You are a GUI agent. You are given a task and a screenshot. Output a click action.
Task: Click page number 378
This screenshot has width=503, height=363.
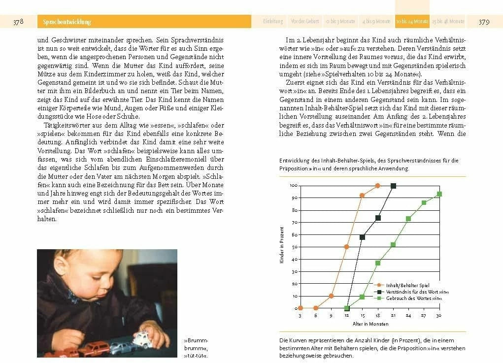click(18, 22)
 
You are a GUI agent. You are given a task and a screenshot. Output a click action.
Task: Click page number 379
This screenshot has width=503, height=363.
click(484, 22)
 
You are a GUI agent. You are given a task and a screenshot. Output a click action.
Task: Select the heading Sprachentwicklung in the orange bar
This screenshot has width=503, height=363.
click(67, 22)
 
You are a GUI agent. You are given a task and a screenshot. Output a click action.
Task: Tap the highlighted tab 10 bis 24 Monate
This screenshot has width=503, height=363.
click(412, 22)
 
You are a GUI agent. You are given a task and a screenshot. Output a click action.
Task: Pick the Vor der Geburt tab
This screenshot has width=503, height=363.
click(305, 22)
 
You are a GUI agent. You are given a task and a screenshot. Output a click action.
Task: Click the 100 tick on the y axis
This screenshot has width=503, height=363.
click(293, 186)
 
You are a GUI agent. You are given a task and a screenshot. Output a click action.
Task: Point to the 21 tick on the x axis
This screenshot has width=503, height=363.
click(393, 315)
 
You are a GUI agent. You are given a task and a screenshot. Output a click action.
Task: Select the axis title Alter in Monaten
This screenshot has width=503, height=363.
click(370, 324)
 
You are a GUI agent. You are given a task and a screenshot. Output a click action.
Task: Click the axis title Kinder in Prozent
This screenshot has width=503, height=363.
click(282, 245)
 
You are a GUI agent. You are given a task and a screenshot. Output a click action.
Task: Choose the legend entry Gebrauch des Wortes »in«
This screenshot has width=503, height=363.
click(413, 298)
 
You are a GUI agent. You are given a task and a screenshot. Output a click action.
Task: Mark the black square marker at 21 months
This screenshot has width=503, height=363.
click(393, 186)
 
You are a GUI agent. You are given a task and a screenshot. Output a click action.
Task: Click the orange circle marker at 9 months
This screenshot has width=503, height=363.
click(331, 296)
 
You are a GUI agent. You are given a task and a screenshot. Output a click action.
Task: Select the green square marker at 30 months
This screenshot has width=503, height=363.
click(439, 194)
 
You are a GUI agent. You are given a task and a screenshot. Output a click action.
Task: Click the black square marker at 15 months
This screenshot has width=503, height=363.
click(362, 237)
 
